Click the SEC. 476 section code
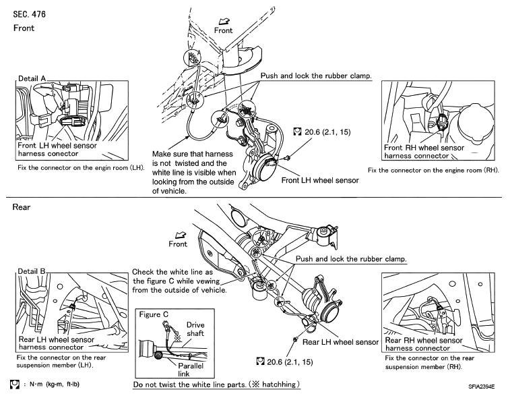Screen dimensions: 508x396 coord(29,14)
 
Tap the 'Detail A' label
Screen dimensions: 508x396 coord(32,78)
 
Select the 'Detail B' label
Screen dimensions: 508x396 coord(32,271)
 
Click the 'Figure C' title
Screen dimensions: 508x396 coord(154,314)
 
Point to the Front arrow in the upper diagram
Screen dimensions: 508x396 coord(224,21)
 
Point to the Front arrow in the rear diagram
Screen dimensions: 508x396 coord(181,235)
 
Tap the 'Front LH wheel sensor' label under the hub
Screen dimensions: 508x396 coord(320,180)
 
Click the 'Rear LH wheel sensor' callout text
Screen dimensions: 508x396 coord(340,342)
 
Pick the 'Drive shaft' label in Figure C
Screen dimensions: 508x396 coord(195,329)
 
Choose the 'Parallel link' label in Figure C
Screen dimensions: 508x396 coord(191,370)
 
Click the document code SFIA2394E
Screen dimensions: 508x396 coord(482,387)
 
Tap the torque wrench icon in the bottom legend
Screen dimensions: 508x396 coord(14,384)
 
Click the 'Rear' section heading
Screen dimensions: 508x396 coord(22,207)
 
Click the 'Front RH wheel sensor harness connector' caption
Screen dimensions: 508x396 coord(424,152)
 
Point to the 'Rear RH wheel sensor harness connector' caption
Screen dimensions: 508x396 coord(423,345)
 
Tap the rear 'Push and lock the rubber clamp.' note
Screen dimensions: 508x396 coord(351,259)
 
